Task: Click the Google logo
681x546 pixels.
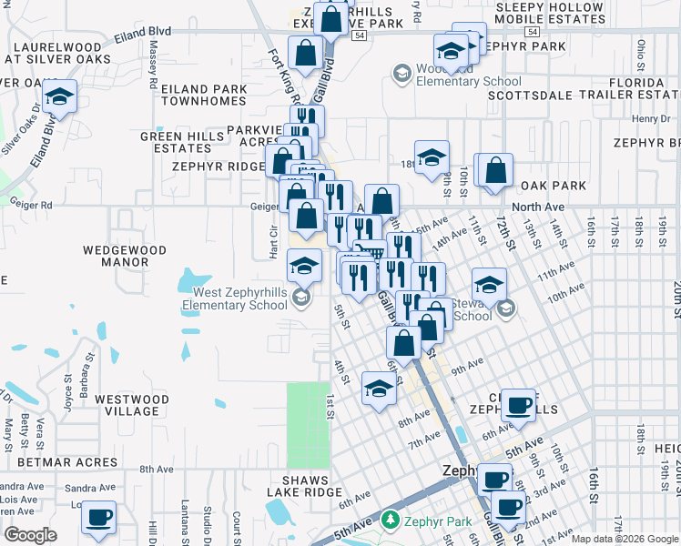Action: (30, 535)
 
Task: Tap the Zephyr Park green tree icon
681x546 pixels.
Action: (390, 520)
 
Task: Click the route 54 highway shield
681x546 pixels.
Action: (360, 35)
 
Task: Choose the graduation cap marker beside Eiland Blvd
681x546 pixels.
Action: (59, 96)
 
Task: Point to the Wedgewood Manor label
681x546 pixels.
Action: (125, 256)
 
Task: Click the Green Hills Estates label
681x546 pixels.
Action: (176, 142)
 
